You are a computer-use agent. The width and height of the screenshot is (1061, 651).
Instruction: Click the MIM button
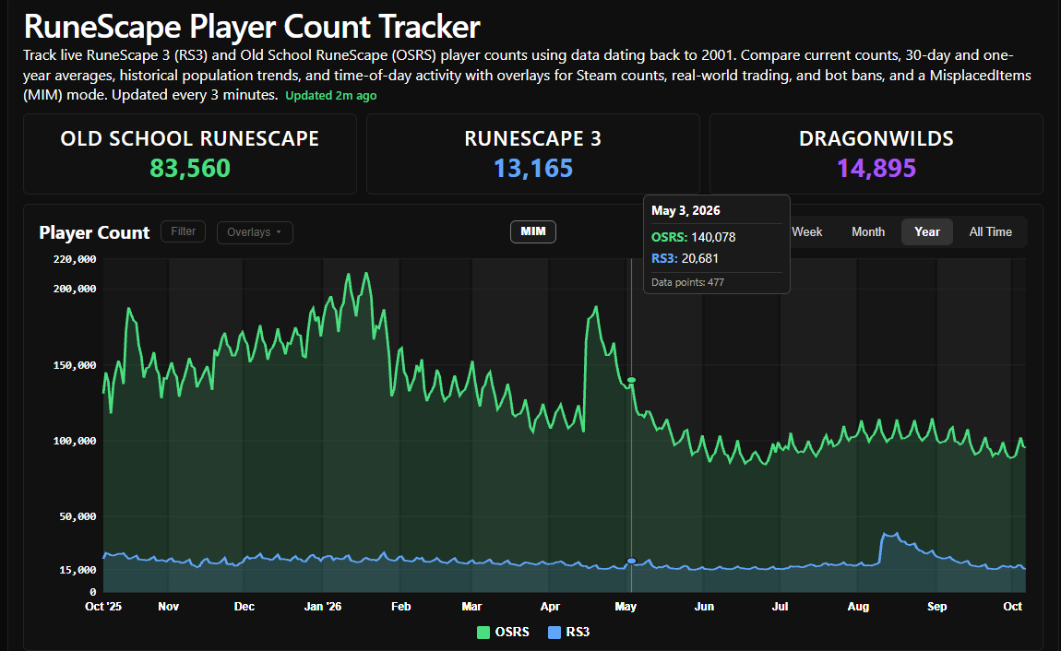(x=533, y=231)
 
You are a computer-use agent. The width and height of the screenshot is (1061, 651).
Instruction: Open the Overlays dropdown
(x=255, y=232)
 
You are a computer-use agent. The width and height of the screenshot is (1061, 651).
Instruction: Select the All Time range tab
(x=990, y=231)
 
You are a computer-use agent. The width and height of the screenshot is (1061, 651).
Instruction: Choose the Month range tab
(x=868, y=231)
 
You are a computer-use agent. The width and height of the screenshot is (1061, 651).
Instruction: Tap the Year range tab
(x=927, y=231)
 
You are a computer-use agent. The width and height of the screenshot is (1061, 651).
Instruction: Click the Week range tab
(x=806, y=231)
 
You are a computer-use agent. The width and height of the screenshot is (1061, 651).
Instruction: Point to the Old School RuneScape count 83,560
(x=190, y=169)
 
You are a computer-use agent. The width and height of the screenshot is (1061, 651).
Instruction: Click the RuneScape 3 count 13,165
(x=533, y=169)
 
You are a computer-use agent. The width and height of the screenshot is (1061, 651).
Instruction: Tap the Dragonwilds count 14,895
(x=876, y=169)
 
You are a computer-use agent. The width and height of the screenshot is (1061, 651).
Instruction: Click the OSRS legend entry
(x=503, y=632)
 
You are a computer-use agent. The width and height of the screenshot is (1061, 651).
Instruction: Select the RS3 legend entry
(x=568, y=632)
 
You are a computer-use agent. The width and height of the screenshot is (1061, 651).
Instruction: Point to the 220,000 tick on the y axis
(x=75, y=259)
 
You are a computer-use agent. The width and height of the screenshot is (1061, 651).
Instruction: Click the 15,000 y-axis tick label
(x=77, y=570)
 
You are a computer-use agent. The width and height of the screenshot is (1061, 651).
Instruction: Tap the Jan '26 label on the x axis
(x=323, y=607)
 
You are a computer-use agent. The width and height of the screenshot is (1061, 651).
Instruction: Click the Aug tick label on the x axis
(x=858, y=607)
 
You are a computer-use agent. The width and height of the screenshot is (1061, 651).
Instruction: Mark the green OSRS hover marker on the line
(x=631, y=381)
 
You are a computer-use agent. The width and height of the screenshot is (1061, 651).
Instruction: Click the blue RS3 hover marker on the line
(x=631, y=561)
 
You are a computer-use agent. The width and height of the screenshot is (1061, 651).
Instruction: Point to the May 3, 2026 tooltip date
(x=685, y=211)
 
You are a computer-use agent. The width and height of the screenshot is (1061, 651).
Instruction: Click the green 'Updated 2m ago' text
(x=331, y=95)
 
